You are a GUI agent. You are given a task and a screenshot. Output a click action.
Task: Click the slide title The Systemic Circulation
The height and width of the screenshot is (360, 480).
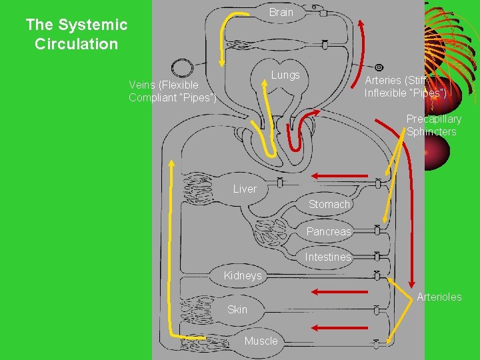(x=76, y=35)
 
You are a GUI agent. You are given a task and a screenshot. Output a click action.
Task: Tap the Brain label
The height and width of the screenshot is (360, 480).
(x=281, y=12)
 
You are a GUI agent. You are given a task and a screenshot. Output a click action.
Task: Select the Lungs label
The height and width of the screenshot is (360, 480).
(x=285, y=75)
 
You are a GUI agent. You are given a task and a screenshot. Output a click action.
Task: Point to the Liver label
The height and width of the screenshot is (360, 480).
(x=245, y=189)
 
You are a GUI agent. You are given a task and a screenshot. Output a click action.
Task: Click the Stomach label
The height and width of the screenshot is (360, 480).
(x=329, y=204)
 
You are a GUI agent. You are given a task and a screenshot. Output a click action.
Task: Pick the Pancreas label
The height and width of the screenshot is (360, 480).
(x=328, y=231)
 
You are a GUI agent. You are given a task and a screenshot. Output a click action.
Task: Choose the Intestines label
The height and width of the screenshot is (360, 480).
(x=328, y=257)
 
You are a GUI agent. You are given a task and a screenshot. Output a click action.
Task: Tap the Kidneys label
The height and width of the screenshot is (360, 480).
(x=243, y=275)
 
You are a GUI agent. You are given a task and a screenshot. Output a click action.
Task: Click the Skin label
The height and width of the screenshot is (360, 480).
(x=237, y=309)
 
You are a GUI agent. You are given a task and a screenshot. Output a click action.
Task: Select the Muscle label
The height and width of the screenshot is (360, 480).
(x=261, y=341)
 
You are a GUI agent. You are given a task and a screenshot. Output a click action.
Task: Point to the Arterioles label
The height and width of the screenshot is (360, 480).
(x=439, y=297)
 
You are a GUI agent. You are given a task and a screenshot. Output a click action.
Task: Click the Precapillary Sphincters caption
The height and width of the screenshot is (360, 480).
(x=433, y=125)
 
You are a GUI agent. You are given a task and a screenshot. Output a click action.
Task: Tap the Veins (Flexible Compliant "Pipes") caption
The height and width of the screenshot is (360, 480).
(x=173, y=91)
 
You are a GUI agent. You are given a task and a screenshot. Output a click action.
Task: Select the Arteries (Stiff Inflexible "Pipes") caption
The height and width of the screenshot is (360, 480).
(x=405, y=85)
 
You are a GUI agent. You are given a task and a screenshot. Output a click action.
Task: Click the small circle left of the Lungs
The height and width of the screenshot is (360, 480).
(x=181, y=68)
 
